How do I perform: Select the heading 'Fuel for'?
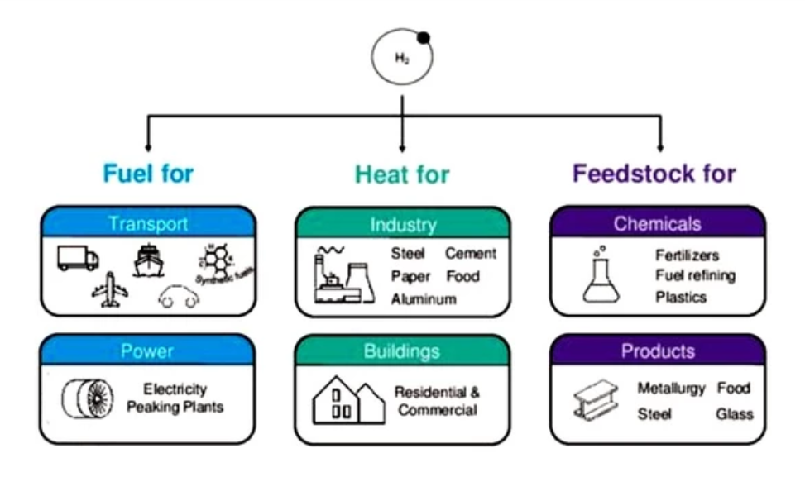[x=148, y=174]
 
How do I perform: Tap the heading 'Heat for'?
[x=402, y=174]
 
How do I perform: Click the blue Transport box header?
[x=149, y=224]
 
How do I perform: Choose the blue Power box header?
[x=149, y=351]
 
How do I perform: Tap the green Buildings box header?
[x=402, y=351]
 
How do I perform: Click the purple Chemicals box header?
[x=658, y=224]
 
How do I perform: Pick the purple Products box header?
[x=658, y=351]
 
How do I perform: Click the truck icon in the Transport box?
[x=78, y=257]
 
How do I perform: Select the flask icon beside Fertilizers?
[x=601, y=275]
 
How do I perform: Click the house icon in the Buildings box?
[x=347, y=400]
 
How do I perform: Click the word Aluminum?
[x=424, y=299]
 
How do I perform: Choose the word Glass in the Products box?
[x=735, y=413]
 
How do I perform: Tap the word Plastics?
[x=681, y=297]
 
